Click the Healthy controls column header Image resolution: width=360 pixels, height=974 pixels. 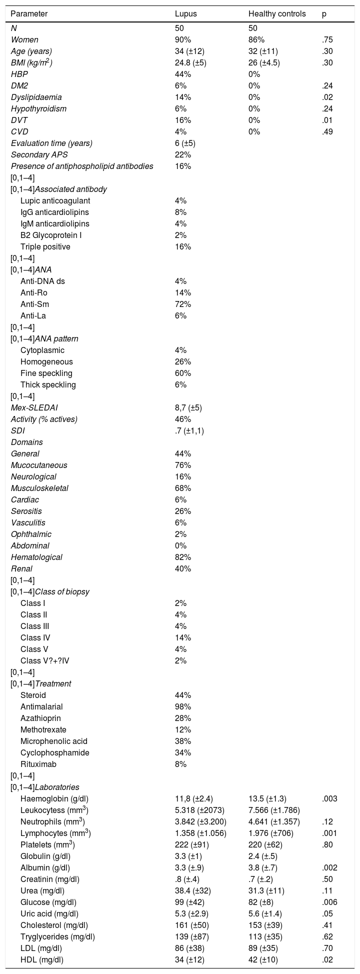click(x=277, y=14)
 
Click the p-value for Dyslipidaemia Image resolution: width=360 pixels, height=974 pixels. click(x=327, y=97)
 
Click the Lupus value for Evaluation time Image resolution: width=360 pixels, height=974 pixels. click(x=185, y=143)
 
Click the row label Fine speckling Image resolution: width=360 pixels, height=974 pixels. click(x=46, y=373)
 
